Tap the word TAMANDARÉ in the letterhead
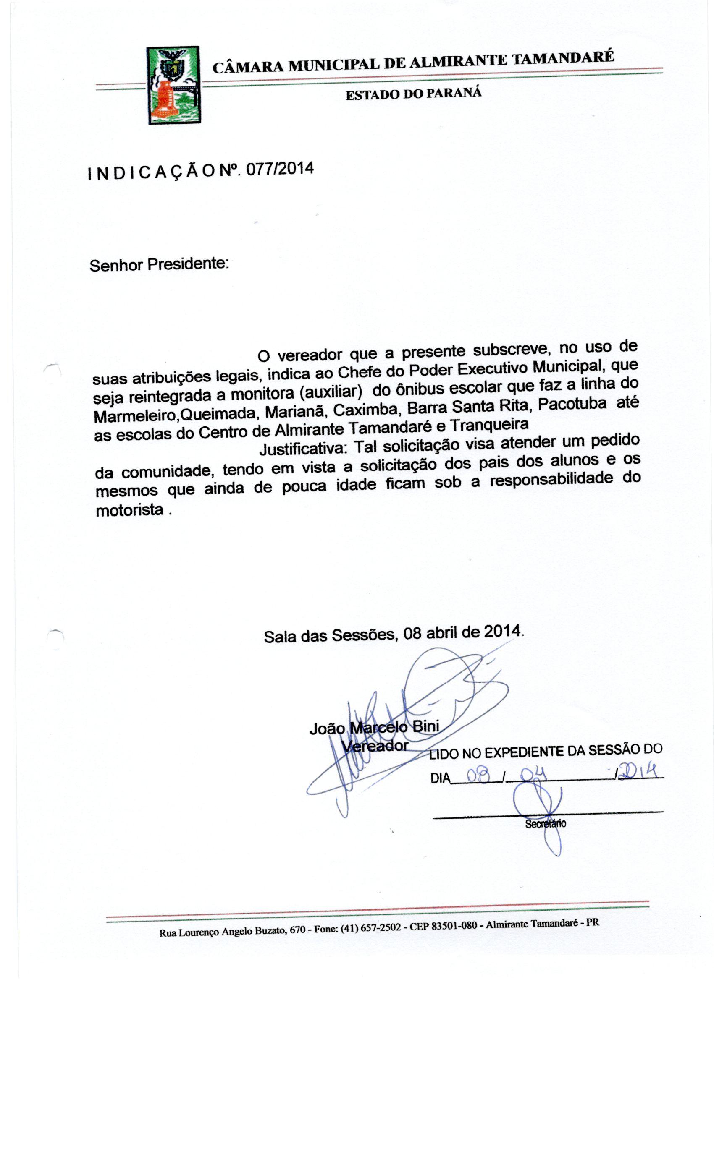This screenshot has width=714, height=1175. [x=562, y=58]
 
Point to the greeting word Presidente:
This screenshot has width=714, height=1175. [x=188, y=264]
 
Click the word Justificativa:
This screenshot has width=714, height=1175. [x=304, y=449]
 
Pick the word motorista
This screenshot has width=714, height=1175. [x=130, y=511]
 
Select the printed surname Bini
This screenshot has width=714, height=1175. [x=425, y=727]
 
